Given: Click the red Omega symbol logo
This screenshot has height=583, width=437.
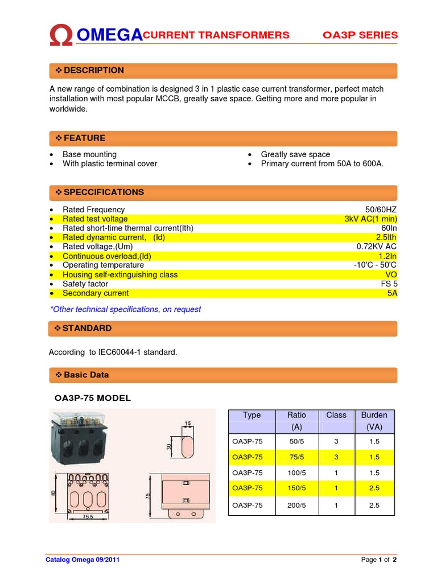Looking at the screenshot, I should (61, 36).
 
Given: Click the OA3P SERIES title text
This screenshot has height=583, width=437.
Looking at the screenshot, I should (360, 35).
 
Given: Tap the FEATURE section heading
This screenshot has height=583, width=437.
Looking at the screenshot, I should (84, 138).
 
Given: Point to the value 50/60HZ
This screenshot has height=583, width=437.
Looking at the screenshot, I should (381, 210).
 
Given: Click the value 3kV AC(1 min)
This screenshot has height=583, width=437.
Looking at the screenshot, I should (370, 219).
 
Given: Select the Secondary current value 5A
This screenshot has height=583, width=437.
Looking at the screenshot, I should (391, 293).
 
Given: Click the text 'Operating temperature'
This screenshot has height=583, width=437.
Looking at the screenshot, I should (103, 265).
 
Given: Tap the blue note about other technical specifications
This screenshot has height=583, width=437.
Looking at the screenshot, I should (125, 310).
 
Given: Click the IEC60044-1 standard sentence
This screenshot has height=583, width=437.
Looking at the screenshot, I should (113, 352).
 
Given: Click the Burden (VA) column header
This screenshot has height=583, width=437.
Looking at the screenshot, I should (373, 421).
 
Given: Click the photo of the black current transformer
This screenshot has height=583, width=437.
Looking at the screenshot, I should (80, 438).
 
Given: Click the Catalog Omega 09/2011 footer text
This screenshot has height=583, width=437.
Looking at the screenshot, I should (83, 560).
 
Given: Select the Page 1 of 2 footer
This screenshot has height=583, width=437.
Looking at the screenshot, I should (378, 560).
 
